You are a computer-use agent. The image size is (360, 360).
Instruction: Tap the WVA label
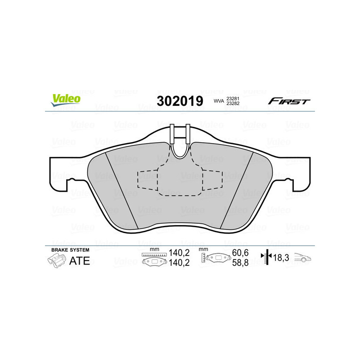[x=219, y=102]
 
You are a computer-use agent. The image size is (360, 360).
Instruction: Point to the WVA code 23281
[x=233, y=99]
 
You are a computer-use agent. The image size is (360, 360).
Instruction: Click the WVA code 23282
[x=233, y=104]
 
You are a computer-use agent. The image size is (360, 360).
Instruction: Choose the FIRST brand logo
[x=289, y=101]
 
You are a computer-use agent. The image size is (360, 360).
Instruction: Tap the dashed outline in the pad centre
[x=180, y=182]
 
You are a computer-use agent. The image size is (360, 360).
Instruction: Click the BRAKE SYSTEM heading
[x=70, y=250]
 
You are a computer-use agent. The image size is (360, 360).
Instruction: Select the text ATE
[x=80, y=261]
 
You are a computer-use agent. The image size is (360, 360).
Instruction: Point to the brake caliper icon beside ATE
[x=55, y=261]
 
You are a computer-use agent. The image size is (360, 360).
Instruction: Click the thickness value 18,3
[x=281, y=258]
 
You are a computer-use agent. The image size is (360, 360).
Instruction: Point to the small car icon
[x=302, y=258]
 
